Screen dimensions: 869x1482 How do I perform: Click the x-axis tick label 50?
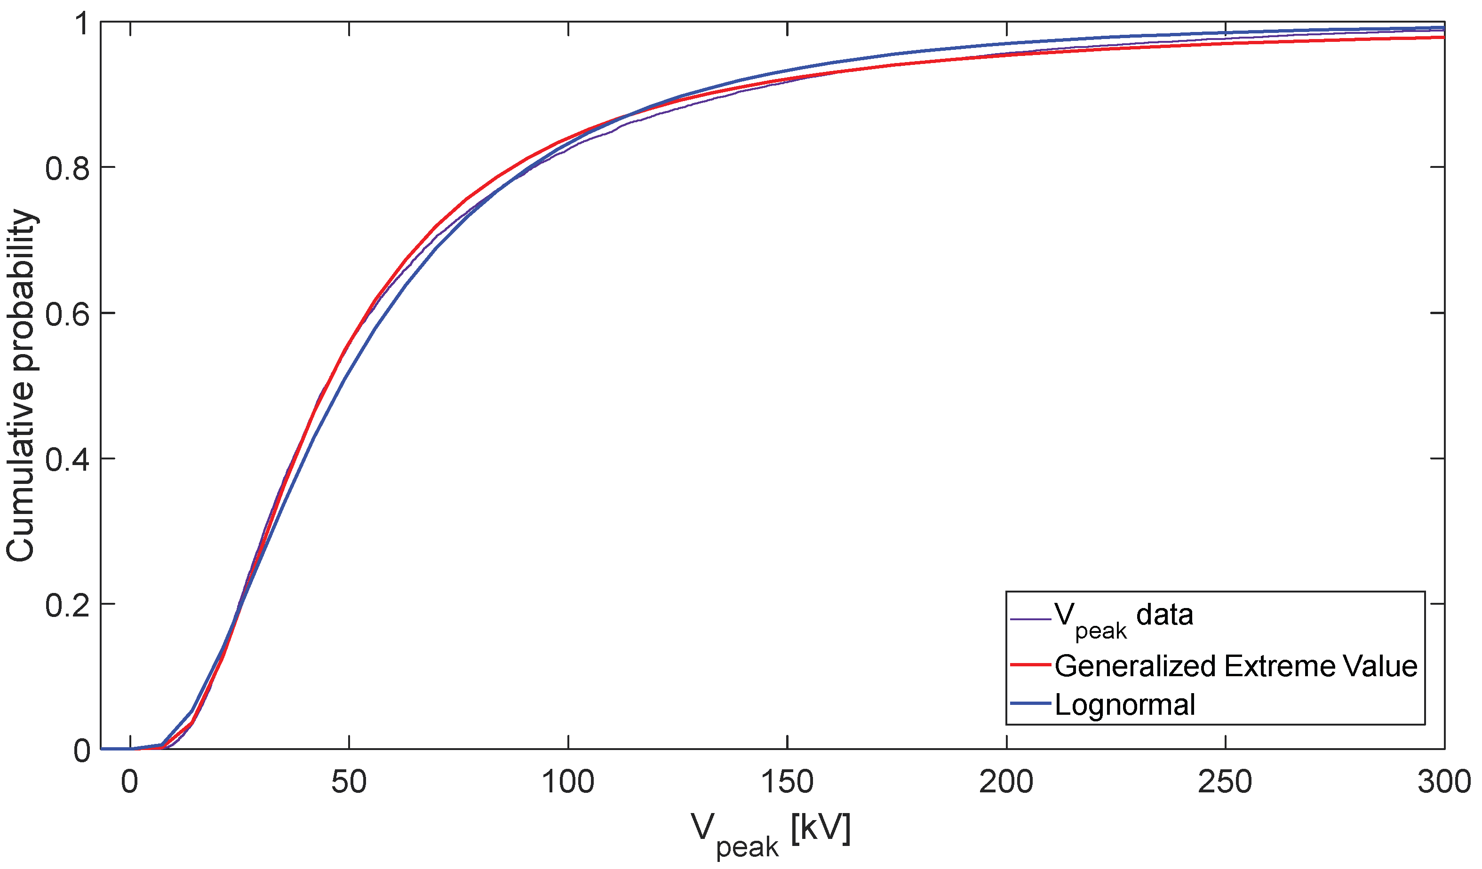[x=349, y=782]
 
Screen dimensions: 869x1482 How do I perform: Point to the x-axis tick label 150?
[x=787, y=782]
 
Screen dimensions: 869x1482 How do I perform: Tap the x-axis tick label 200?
[x=1006, y=782]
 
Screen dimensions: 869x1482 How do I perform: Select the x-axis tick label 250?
[x=1225, y=782]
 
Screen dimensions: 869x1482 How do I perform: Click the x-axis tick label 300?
[x=1444, y=782]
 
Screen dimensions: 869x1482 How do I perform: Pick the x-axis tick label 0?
[x=129, y=782]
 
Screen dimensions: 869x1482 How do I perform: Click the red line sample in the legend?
[x=1030, y=665]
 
